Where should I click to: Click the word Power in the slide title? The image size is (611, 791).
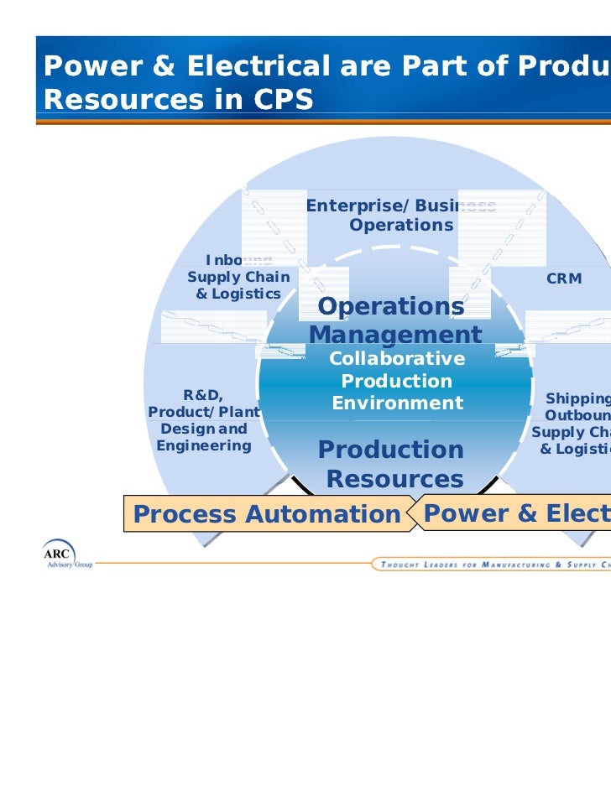point(83,65)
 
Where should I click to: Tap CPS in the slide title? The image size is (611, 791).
point(276,100)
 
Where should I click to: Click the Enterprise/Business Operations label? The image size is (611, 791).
point(400,216)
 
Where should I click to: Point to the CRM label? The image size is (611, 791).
point(564,278)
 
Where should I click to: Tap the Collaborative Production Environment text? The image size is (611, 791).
point(397,381)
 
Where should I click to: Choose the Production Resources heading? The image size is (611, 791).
point(393,465)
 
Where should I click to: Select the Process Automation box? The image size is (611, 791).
point(266,514)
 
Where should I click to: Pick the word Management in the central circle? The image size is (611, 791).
point(394,336)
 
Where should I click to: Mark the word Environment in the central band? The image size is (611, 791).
point(397,403)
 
